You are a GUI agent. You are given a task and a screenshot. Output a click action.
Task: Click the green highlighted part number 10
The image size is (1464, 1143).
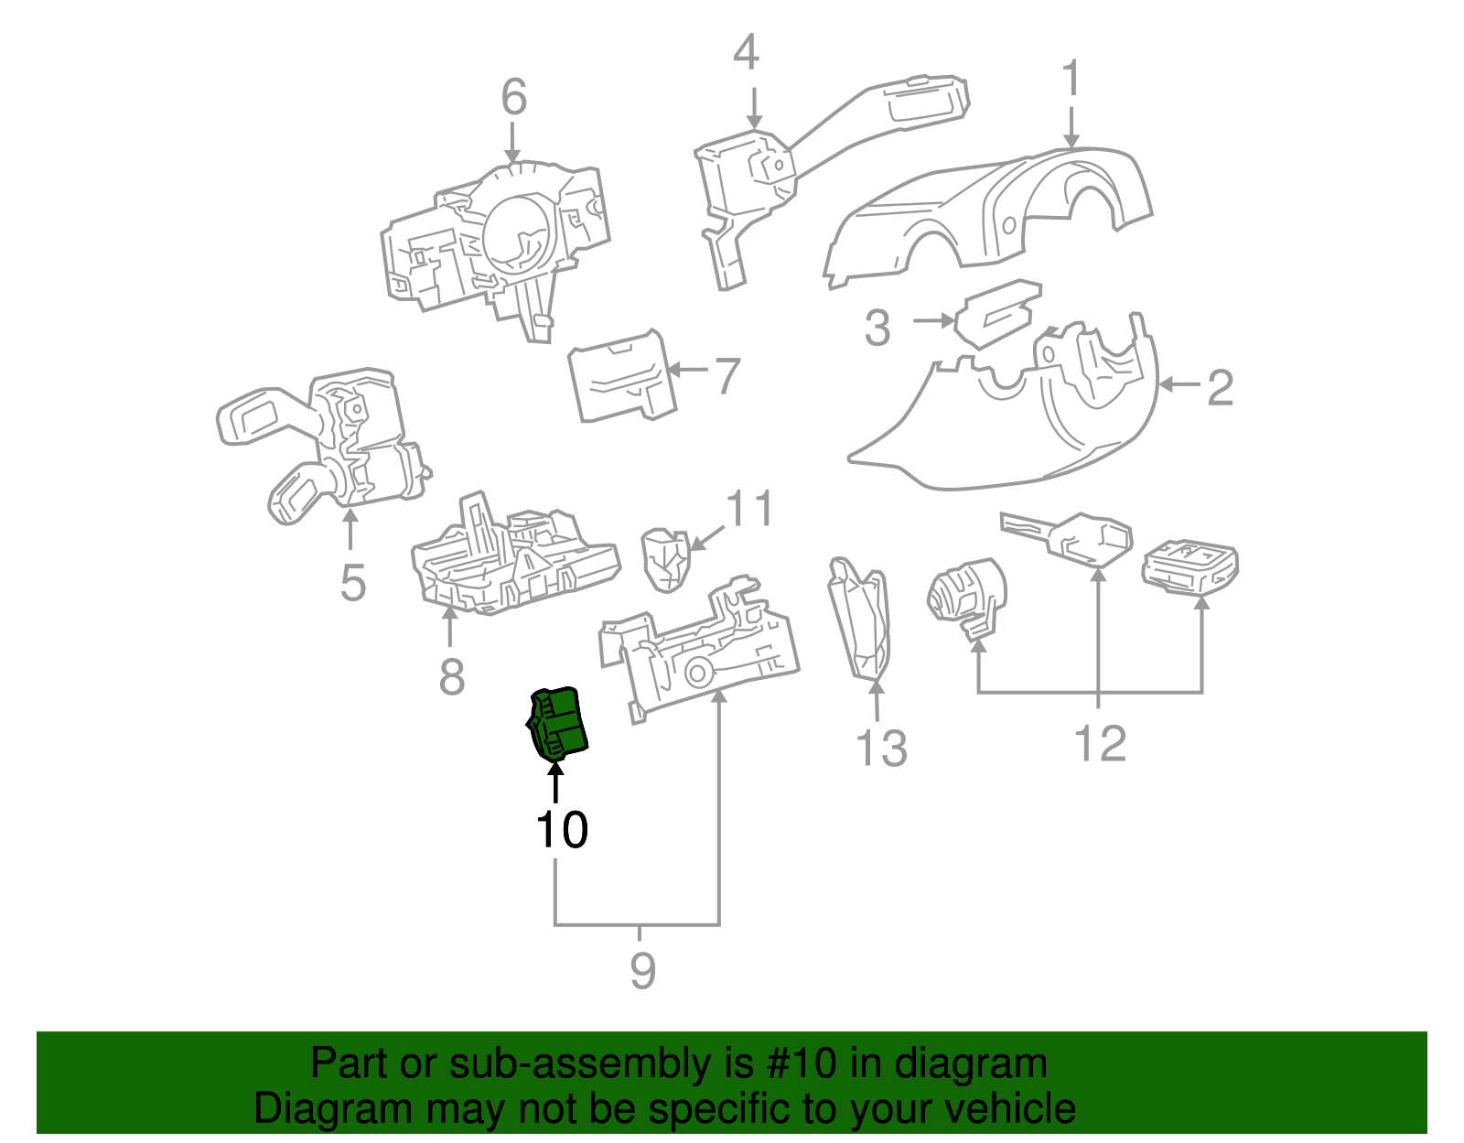tap(558, 723)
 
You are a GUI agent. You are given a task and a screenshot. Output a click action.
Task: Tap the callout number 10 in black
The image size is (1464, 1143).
tap(561, 830)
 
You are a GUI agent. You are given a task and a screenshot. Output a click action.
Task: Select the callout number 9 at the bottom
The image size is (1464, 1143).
tap(642, 971)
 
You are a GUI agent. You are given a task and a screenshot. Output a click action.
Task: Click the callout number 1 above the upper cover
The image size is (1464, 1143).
tap(1071, 80)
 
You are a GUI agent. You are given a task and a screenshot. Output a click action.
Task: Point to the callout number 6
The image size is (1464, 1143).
tap(514, 97)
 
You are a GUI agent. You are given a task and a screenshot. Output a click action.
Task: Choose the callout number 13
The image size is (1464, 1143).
tap(880, 749)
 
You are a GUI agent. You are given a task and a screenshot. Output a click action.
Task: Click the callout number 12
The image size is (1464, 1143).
tap(1100, 743)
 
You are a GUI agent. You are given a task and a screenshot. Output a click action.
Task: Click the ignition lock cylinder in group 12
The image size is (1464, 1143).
tap(965, 595)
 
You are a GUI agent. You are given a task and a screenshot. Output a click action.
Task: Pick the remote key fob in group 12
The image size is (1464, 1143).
tap(1189, 565)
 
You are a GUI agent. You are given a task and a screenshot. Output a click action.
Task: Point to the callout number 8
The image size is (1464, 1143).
tap(452, 678)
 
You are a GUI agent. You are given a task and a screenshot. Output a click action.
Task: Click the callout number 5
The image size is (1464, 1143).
tap(352, 583)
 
